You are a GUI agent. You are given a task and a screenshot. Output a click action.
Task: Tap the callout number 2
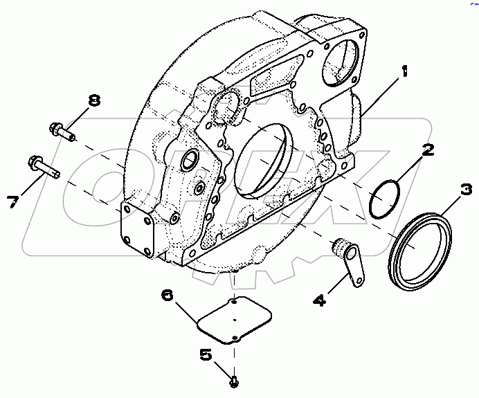click(428, 150)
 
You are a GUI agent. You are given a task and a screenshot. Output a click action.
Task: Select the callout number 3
click(467, 188)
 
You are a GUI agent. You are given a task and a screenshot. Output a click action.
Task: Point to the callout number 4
click(320, 300)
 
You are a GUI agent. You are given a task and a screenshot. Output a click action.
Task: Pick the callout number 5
click(206, 354)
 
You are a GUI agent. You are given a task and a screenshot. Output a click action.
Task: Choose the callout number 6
click(167, 295)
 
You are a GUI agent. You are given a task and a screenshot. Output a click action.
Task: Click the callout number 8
click(93, 100)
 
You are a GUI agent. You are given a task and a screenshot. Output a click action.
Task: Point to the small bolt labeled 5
click(234, 379)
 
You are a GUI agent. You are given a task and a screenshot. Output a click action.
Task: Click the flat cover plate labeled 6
click(233, 320)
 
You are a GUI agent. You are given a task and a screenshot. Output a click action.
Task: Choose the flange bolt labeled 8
click(62, 130)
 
